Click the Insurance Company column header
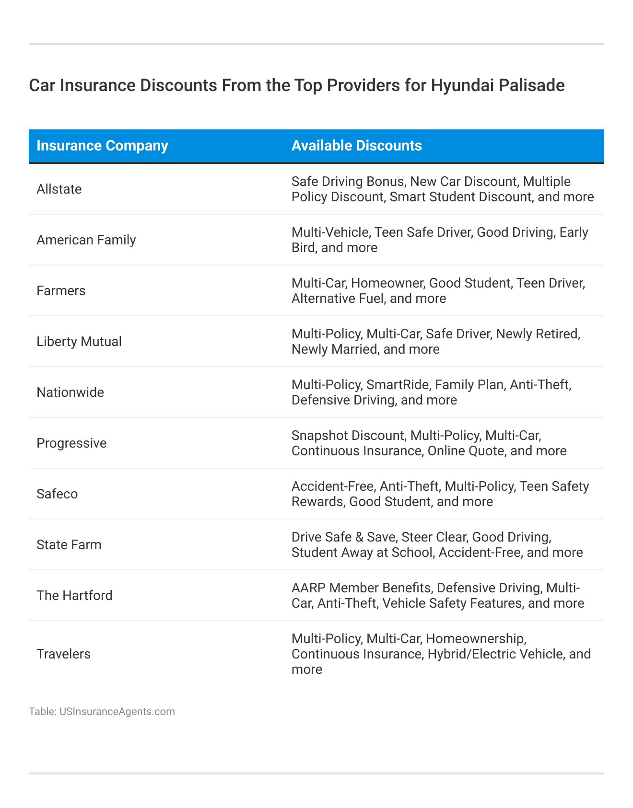coord(102,146)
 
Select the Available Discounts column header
coord(356,146)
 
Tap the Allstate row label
coord(59,189)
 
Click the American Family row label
coord(86,240)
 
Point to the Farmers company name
coord(61,291)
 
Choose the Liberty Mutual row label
coord(79,342)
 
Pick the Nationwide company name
coord(70,392)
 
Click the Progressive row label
coord(71,443)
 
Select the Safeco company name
coord(57,494)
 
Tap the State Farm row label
coord(69,545)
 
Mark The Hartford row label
coord(74,596)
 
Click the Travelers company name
coord(63,654)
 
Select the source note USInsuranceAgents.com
coord(117,712)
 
